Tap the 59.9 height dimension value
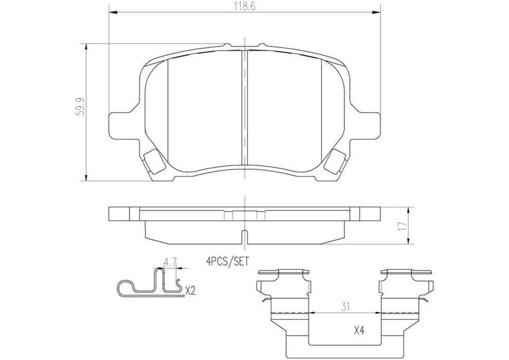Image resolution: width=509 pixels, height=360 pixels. pos(78,111)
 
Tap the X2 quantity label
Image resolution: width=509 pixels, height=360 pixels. pos(190,291)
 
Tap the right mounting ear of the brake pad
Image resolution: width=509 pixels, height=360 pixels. pos(370,123)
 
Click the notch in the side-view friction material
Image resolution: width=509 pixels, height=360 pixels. pos(245,238)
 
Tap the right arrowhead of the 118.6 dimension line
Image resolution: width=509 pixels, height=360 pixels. pos(378,12)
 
